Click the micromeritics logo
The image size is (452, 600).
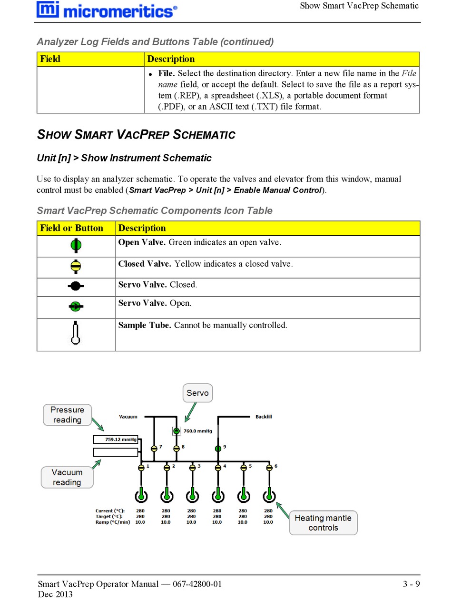(107, 10)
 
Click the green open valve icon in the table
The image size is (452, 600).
(76, 245)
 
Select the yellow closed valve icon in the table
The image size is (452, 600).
(76, 266)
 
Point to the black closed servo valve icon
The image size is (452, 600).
(75, 287)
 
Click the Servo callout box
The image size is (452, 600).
(197, 393)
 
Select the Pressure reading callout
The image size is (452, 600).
(67, 415)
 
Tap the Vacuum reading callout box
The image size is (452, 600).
(67, 477)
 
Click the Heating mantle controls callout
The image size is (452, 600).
(323, 523)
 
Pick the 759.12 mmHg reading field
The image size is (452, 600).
(116, 440)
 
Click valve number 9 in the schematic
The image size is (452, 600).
(218, 448)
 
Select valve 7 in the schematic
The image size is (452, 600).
(154, 448)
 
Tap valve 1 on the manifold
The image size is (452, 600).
(141, 468)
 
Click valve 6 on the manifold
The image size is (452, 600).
(269, 468)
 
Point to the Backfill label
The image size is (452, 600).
(264, 417)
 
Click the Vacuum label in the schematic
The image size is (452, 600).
(128, 417)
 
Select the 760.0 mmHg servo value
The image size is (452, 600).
(197, 431)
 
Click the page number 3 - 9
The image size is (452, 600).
(411, 584)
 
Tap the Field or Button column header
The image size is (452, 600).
(72, 228)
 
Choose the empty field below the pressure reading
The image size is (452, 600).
(116, 452)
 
